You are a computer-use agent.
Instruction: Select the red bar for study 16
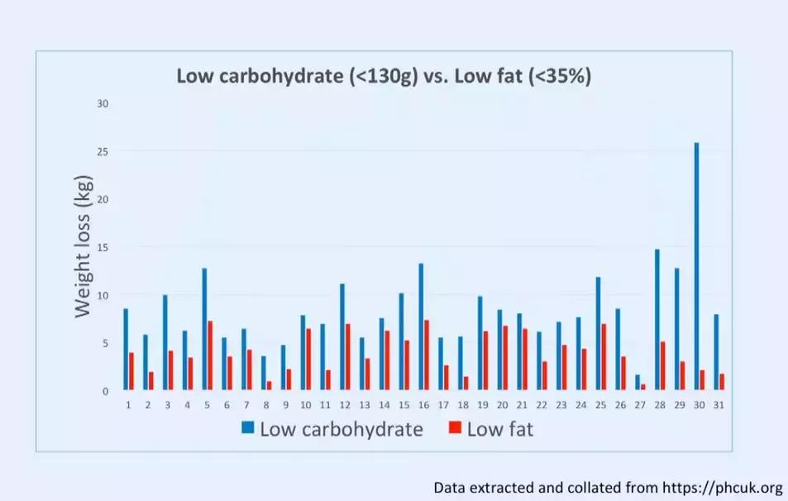pos(427,355)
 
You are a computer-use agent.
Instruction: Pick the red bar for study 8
pos(269,385)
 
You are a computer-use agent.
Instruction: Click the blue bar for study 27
pos(638,382)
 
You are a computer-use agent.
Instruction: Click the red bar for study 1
pos(131,371)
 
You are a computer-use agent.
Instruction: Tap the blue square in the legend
pos(248,428)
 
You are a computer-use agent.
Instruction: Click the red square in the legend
pos(454,428)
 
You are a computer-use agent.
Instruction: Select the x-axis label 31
pos(719,404)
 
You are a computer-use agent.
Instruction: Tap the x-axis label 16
pos(423,404)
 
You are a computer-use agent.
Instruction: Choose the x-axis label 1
pos(128,404)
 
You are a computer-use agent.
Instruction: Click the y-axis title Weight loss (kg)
pos(83,246)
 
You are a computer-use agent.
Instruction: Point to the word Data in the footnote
pos(451,487)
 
